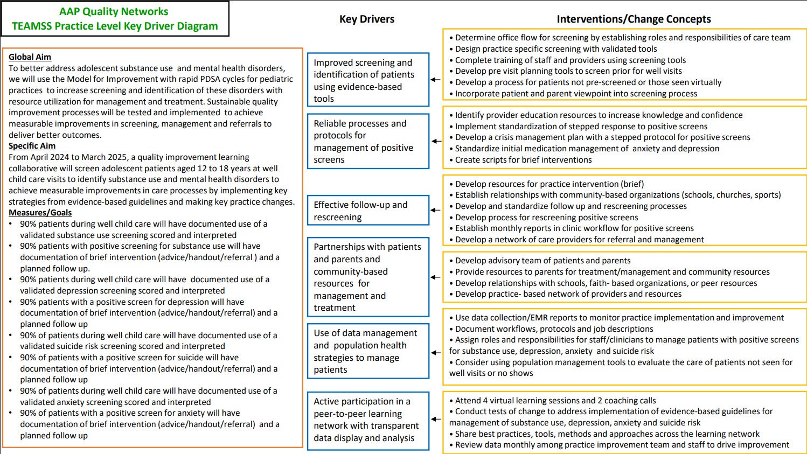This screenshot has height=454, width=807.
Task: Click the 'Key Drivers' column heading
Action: pos(367,19)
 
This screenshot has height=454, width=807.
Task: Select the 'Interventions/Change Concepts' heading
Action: pos(634,19)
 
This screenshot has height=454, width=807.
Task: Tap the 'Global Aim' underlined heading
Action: pos(30,57)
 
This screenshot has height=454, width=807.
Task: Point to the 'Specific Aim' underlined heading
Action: pos(32,146)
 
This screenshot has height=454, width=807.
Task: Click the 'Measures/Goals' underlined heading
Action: pos(40,213)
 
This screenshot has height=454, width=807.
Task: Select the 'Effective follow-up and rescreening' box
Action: pos(368,211)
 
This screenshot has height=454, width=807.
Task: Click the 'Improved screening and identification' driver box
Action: pos(368,80)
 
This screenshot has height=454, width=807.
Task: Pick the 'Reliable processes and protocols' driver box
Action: pos(368,141)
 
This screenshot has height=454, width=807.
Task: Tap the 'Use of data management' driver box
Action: pos(368,351)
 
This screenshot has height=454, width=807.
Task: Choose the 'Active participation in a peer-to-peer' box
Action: pos(368,420)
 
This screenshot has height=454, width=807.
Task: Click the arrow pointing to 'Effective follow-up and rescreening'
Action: pos(435,211)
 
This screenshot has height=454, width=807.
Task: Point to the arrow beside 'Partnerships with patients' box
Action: pos(435,277)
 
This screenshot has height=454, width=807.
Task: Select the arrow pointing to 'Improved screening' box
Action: pos(435,80)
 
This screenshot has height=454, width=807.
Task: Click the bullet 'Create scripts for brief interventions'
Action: pos(523,160)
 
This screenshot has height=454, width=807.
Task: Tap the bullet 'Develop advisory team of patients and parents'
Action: pos(542,261)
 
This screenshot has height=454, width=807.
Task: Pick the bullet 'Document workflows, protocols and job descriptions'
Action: pos(554,329)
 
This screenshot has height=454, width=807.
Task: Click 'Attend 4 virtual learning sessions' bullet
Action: pos(555,401)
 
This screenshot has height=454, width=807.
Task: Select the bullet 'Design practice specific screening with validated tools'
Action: pos(556,49)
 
